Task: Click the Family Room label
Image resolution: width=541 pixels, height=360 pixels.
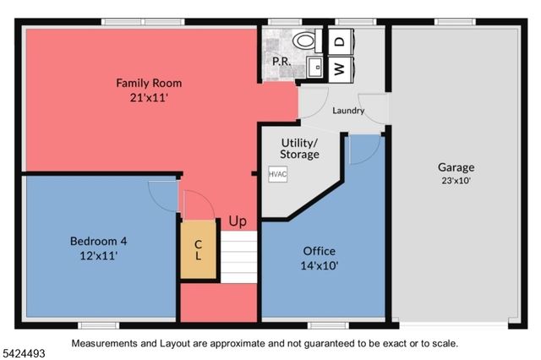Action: pos(149,83)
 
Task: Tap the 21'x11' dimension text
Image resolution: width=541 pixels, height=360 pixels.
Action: pos(149,98)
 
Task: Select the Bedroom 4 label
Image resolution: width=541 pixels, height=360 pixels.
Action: pos(98,241)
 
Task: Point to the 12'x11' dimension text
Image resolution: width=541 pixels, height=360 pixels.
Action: pos(98,255)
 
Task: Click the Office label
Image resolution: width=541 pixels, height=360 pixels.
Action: pos(320,251)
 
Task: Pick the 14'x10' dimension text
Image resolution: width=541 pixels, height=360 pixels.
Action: pos(320,265)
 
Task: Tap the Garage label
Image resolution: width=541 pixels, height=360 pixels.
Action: pos(456,166)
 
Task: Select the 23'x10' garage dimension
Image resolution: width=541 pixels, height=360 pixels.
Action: pos(456,180)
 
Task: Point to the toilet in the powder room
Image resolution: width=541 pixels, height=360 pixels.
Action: pos(303,40)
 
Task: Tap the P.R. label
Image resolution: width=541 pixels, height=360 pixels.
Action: pos(281,62)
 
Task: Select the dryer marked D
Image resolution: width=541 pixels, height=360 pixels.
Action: pos(340,41)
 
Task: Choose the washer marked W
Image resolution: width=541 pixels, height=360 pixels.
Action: pos(340,68)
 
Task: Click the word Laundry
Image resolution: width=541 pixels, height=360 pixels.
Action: pos(348,111)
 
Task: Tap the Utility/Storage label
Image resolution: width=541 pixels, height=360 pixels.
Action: pos(300,149)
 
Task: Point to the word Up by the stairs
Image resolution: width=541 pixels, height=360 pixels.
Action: pos(238,221)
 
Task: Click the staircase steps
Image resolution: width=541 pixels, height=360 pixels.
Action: pos(239,258)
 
